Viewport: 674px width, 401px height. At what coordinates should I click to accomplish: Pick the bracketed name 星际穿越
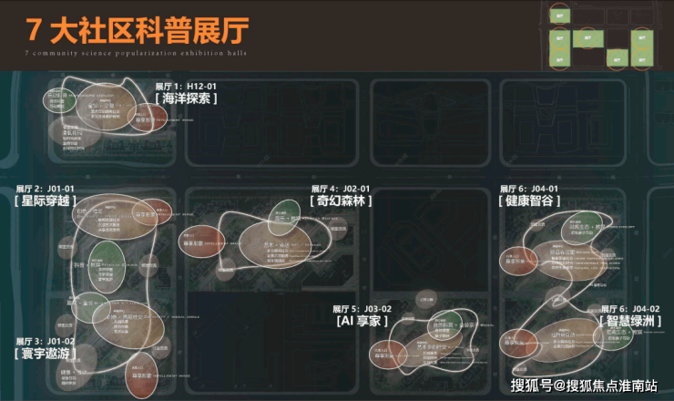pyautogui.click(x=46, y=201)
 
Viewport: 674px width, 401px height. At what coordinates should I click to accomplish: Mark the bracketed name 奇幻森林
pyautogui.click(x=341, y=201)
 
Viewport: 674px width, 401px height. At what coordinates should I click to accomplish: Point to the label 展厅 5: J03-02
pyautogui.click(x=365, y=309)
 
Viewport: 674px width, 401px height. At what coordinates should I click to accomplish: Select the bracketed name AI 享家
pyautogui.click(x=363, y=322)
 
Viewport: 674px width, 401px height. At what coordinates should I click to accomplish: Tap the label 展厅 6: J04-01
pyautogui.click(x=529, y=189)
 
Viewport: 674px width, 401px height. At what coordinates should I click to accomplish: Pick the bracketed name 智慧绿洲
pyautogui.click(x=628, y=322)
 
